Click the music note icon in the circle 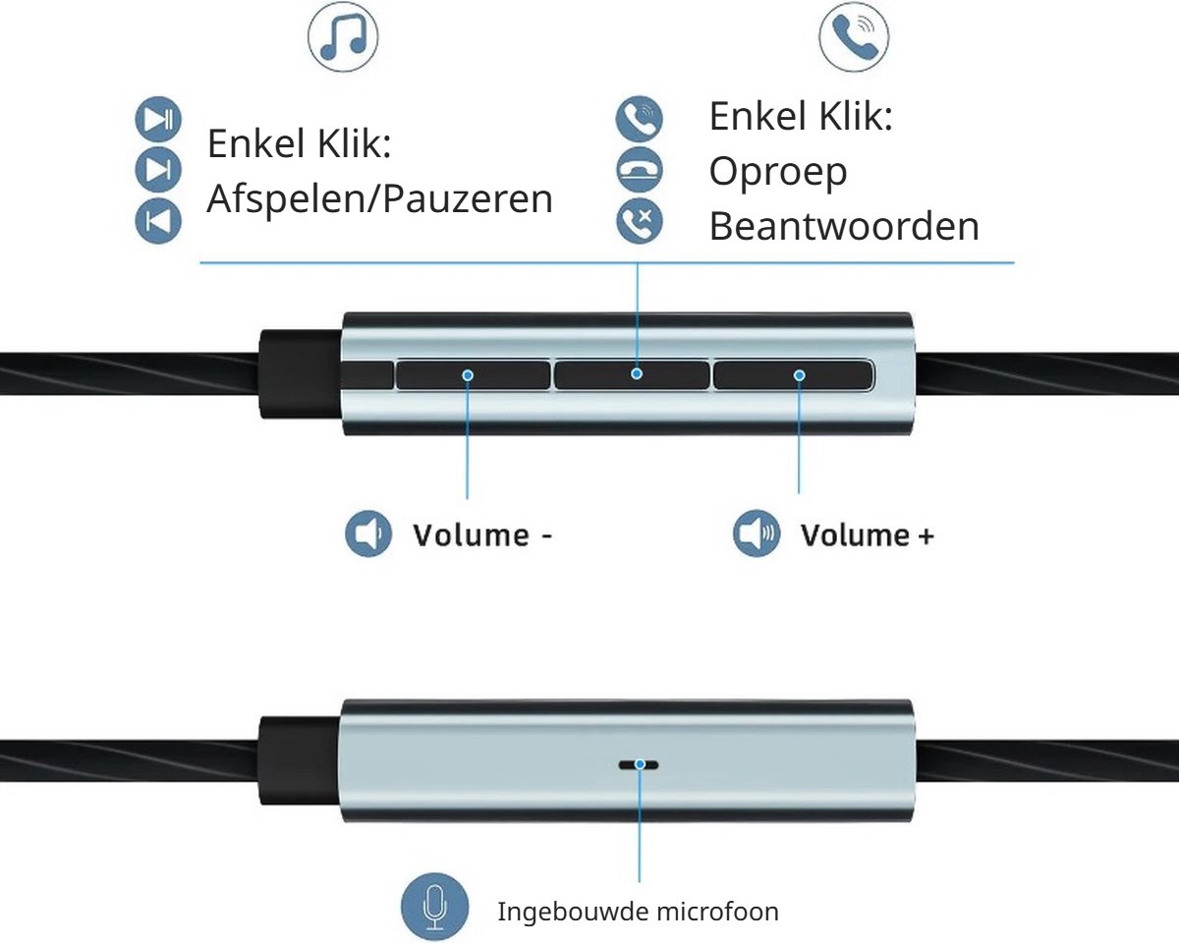[x=343, y=36]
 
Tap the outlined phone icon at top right [x=854, y=36]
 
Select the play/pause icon [x=158, y=119]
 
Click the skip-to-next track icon [x=158, y=169]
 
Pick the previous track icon [x=158, y=221]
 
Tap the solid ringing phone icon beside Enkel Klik [x=640, y=119]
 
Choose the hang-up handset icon [x=640, y=169]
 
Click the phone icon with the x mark [x=640, y=221]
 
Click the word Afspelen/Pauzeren [x=379, y=198]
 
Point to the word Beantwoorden [x=844, y=226]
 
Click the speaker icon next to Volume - [x=368, y=533]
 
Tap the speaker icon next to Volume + [x=757, y=533]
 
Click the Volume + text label [x=868, y=535]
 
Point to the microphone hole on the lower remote [x=639, y=764]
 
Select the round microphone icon [x=435, y=907]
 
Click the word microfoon [x=717, y=913]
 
